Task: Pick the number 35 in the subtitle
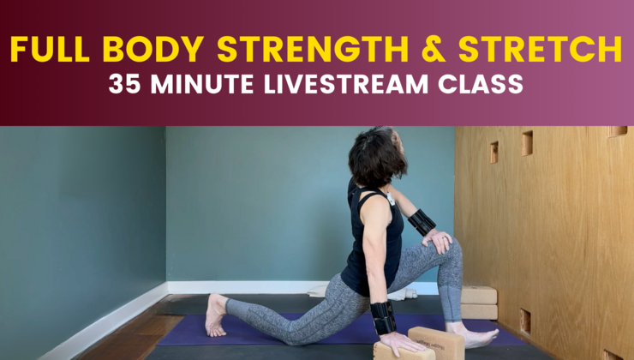point(123,86)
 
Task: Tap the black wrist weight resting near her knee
point(422,223)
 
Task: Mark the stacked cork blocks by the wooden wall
point(478,303)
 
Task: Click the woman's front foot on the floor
point(475,336)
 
